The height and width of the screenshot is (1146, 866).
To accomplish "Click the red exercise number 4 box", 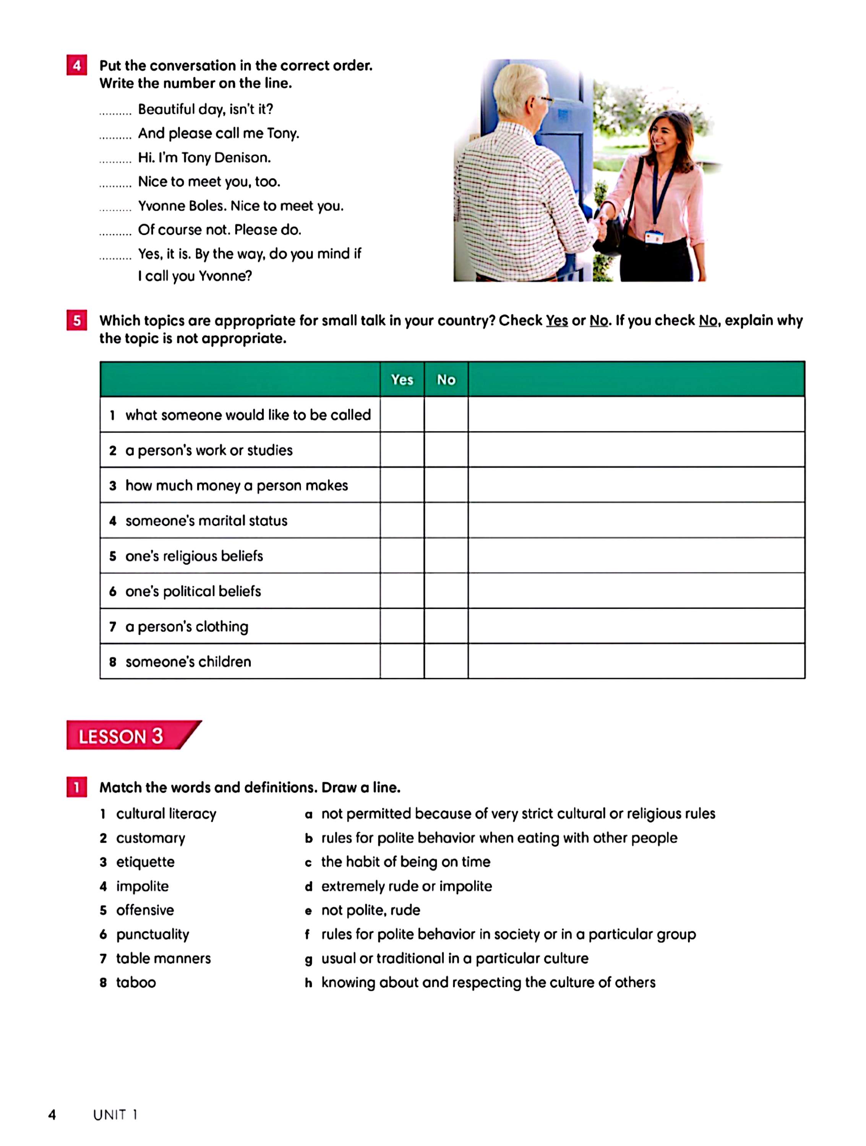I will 77,65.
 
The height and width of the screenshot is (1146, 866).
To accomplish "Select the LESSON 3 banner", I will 127,736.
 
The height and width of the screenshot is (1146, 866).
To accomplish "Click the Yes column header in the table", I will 402,380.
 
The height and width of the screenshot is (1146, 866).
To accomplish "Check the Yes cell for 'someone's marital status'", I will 402,520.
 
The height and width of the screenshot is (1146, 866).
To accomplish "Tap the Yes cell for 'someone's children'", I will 402,661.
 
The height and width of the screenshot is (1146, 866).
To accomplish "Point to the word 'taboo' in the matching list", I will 136,982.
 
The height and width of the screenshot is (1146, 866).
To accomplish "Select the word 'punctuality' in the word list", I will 152,934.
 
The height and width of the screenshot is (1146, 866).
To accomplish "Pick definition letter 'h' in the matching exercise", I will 308,983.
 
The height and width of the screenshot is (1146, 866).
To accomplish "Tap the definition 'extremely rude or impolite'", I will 406,886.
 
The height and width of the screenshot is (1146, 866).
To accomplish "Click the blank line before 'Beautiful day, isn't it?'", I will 115,112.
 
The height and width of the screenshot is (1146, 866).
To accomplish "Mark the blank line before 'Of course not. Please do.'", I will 115,233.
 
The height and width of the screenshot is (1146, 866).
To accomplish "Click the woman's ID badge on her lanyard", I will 654,237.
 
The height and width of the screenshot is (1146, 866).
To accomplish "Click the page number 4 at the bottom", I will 52,1114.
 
